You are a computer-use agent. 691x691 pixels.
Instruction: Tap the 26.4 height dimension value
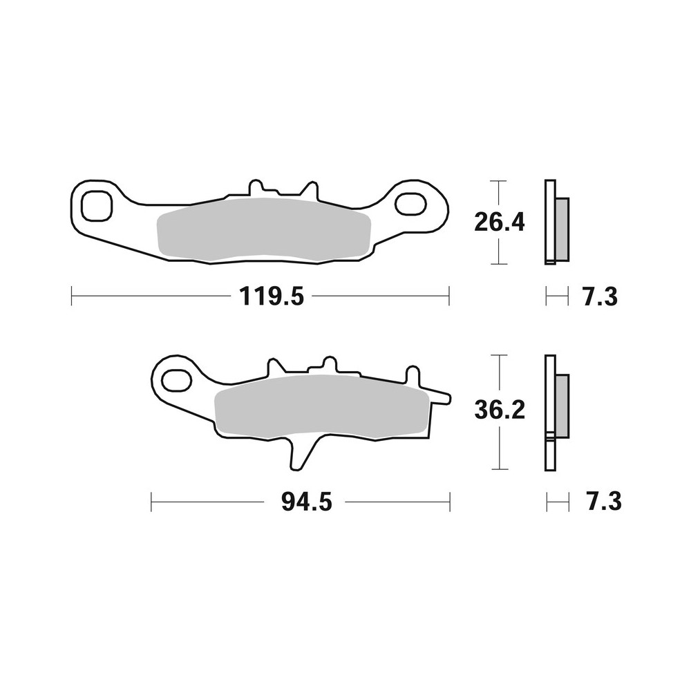(499, 223)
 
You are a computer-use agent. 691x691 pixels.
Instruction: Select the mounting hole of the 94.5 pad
(175, 379)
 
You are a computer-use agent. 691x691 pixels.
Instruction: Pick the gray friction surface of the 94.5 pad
(321, 408)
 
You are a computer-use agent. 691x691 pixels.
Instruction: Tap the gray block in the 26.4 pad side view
(562, 229)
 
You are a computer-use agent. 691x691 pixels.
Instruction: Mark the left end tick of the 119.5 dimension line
(73, 297)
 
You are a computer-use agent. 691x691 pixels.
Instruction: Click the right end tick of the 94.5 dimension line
(450, 502)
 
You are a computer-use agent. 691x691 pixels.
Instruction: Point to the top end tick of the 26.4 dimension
(499, 181)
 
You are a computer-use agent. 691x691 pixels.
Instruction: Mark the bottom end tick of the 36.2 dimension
(499, 470)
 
